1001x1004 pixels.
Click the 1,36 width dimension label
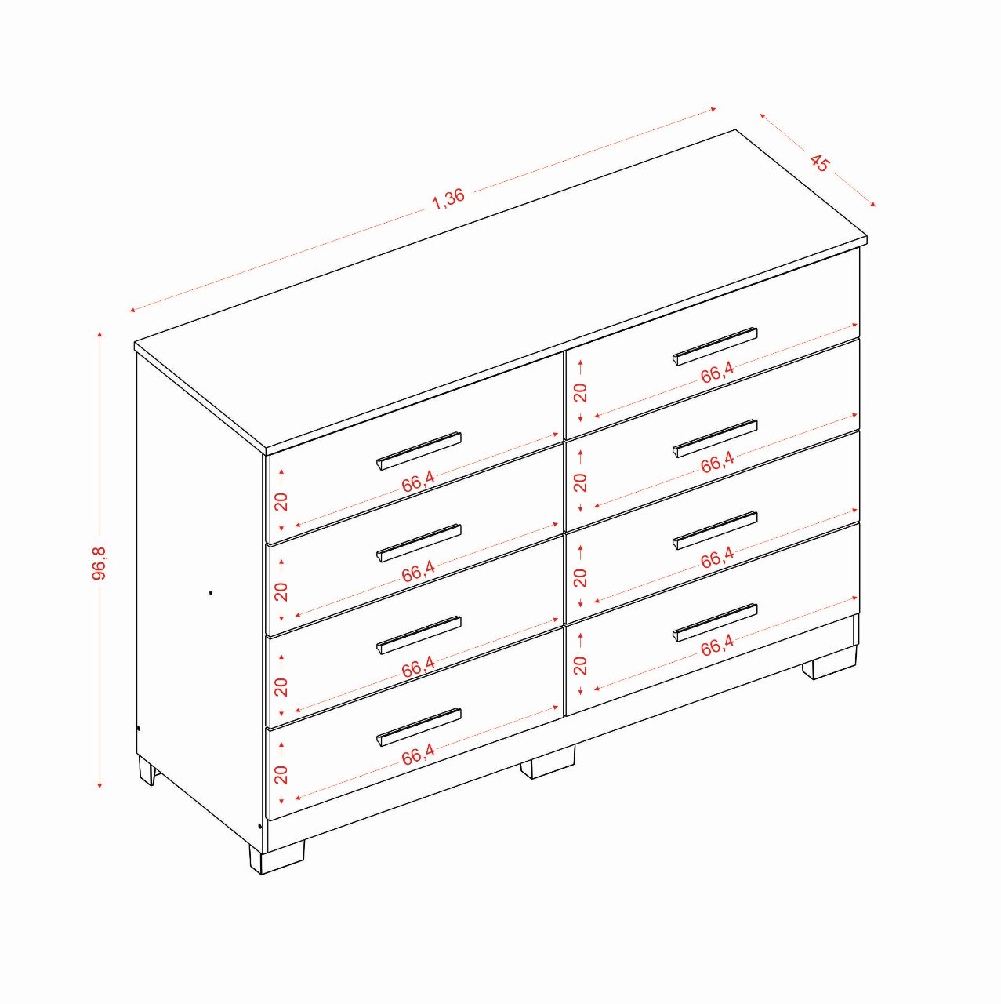(x=448, y=198)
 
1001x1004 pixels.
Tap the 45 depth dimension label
(x=818, y=162)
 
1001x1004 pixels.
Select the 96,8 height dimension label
(x=99, y=562)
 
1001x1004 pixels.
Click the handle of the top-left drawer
(x=419, y=450)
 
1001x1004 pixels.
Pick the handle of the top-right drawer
(x=715, y=346)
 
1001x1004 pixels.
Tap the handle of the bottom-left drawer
(x=419, y=727)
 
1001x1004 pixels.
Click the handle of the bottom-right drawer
(x=715, y=623)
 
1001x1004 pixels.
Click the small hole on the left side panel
(x=211, y=593)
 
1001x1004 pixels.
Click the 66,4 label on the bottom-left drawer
(x=418, y=754)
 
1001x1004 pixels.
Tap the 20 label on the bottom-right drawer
(x=580, y=665)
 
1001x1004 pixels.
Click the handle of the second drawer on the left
(x=419, y=543)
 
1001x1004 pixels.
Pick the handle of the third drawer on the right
(x=715, y=530)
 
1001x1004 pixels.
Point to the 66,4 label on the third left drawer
(x=418, y=667)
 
